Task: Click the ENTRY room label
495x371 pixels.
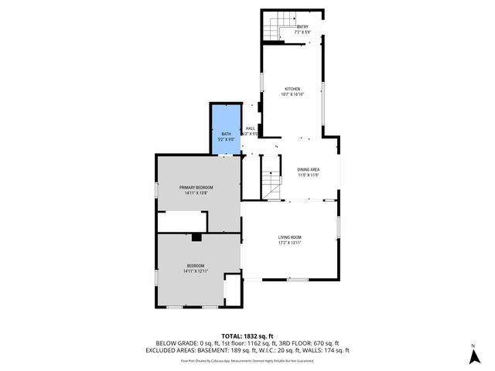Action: (302, 26)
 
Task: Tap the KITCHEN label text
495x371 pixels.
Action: (292, 89)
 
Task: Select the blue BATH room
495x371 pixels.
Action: (226, 128)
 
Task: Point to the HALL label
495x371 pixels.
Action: (250, 128)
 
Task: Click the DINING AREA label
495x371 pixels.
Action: (309, 169)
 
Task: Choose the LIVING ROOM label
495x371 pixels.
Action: (290, 237)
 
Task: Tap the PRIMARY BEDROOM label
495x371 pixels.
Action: (196, 188)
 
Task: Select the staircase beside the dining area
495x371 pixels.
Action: (270, 185)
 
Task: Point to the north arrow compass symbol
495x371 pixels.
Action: (473, 356)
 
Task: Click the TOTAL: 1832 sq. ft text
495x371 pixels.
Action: (247, 335)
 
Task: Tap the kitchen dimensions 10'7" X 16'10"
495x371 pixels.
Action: (292, 94)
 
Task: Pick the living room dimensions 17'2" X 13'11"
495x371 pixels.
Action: (290, 243)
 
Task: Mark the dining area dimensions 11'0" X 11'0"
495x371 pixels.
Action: (309, 175)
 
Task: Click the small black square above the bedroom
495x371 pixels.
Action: (196, 237)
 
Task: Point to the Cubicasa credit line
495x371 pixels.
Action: (247, 360)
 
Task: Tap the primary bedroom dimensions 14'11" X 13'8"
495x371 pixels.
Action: (196, 193)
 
